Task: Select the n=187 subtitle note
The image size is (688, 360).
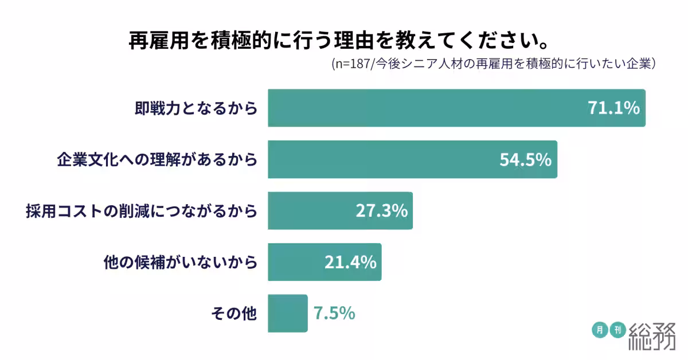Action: (494, 64)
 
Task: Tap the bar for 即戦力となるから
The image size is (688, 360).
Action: (424, 108)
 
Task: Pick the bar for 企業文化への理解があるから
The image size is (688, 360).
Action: (378, 159)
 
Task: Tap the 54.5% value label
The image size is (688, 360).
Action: (525, 159)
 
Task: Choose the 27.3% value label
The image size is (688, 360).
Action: (381, 210)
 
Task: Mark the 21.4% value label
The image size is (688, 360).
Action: (350, 262)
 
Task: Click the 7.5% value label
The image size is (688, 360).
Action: (334, 314)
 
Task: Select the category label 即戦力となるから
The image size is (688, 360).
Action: (196, 108)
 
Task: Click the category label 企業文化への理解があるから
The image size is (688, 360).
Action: (157, 159)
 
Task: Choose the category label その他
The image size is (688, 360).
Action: (234, 314)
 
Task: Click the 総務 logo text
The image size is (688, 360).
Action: (652, 336)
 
